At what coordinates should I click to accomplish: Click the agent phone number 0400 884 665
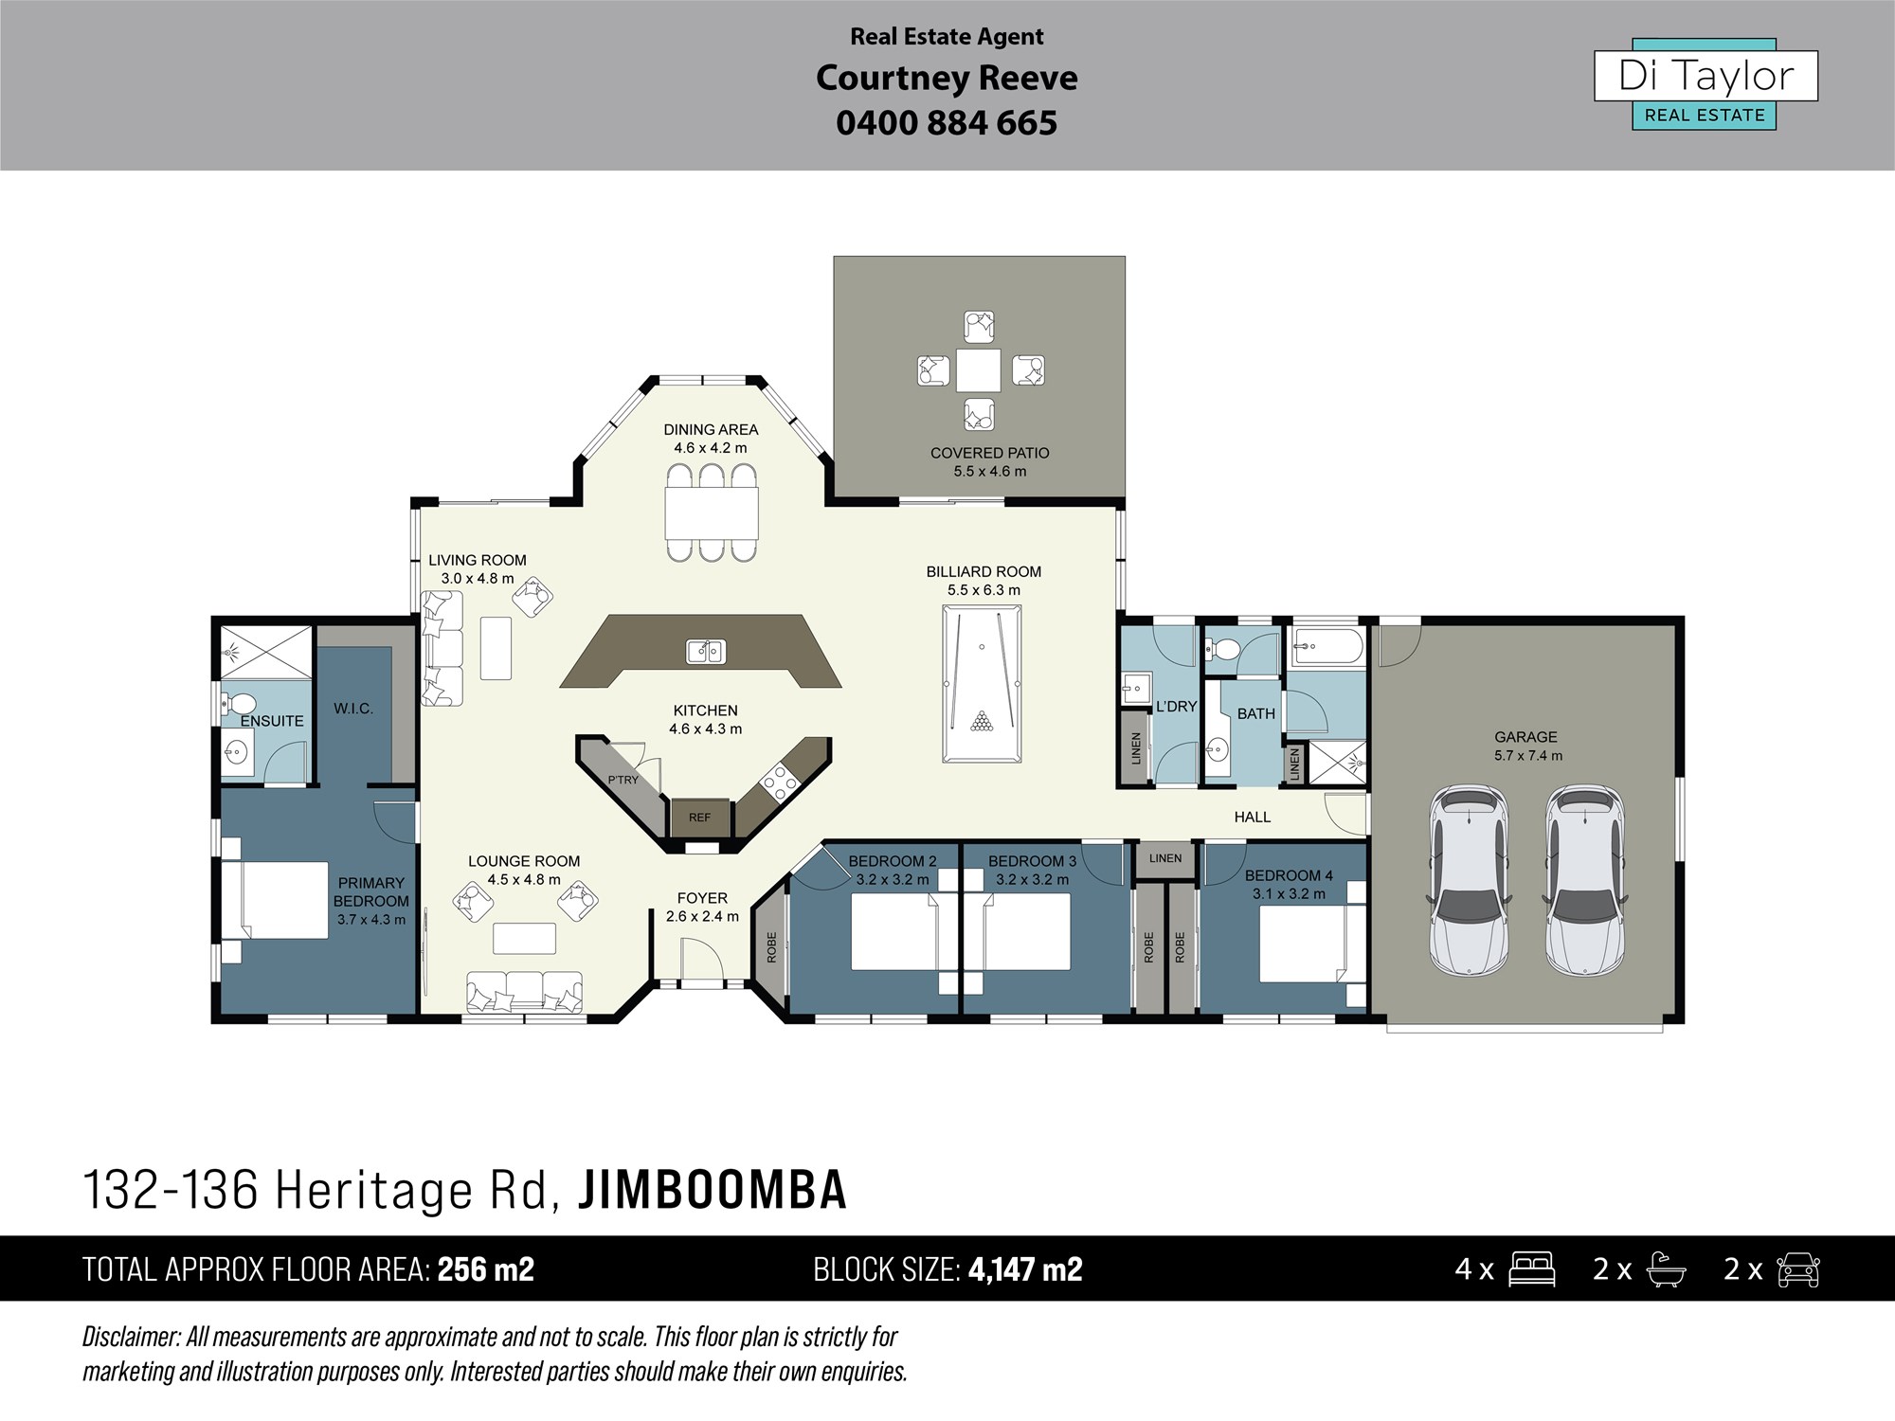tap(947, 123)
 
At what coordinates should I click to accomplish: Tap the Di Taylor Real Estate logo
tap(1705, 84)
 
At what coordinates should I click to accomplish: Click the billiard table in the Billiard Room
tap(982, 683)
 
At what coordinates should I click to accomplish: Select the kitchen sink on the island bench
tap(706, 651)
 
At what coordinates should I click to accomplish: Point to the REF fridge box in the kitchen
tap(699, 818)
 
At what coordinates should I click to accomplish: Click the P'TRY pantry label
tap(623, 780)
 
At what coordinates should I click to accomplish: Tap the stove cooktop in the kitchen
tap(779, 782)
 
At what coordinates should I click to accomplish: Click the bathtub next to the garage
tap(1328, 648)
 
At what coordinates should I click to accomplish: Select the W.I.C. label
tap(353, 709)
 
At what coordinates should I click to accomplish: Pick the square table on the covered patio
tap(978, 370)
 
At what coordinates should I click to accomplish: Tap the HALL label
tap(1252, 817)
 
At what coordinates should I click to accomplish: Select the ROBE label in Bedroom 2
tap(771, 947)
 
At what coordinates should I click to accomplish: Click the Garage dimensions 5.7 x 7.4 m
tap(1527, 756)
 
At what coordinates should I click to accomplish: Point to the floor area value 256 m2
tap(486, 1269)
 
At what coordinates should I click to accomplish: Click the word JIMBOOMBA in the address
tap(712, 1191)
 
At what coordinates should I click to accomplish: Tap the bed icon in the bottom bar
tap(1531, 1269)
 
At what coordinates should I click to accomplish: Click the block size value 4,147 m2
tap(1025, 1269)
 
